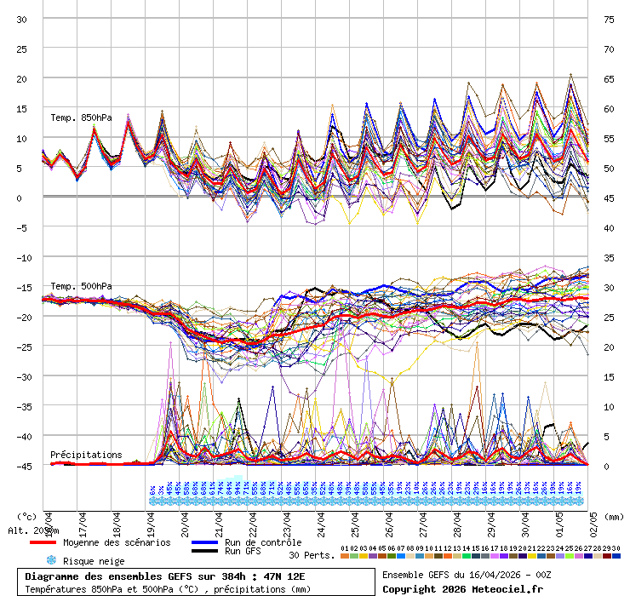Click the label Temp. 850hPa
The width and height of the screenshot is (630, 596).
click(81, 117)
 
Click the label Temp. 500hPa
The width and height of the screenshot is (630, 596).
click(81, 286)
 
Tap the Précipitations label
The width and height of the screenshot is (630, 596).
click(86, 455)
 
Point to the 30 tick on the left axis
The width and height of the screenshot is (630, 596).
click(23, 19)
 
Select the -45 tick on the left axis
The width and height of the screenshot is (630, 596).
click(23, 466)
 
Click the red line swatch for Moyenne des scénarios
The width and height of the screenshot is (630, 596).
click(43, 542)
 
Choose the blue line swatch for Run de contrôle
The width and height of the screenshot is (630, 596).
click(204, 542)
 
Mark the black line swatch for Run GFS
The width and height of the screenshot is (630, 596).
click(204, 551)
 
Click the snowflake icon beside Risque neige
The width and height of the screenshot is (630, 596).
click(50, 560)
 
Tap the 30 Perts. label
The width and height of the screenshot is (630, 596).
click(312, 554)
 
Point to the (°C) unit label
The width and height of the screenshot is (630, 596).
click(27, 517)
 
